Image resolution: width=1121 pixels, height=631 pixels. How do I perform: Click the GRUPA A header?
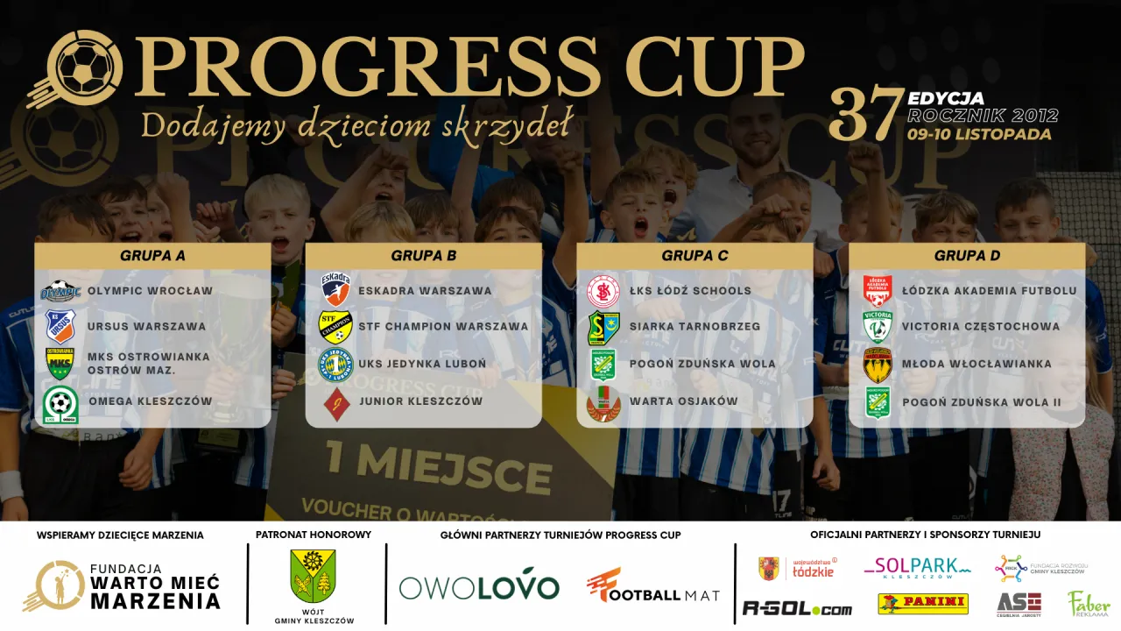pyautogui.click(x=152, y=256)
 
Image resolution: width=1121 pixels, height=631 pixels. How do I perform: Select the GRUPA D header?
pyautogui.click(x=967, y=256)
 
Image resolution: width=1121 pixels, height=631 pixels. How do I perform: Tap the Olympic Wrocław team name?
pyautogui.click(x=150, y=291)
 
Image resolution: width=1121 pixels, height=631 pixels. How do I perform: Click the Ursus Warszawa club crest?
pyautogui.click(x=60, y=326)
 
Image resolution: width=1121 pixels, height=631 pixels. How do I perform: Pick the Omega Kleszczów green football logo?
pyautogui.click(x=60, y=403)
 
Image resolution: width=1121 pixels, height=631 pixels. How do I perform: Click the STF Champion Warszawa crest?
pyautogui.click(x=335, y=326)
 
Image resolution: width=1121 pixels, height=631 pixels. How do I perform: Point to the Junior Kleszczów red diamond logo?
pyautogui.click(x=335, y=403)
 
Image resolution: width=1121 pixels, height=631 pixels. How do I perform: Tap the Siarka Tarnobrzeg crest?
pyautogui.click(x=603, y=328)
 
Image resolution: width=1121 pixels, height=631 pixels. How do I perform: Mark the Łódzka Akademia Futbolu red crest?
pyautogui.click(x=877, y=290)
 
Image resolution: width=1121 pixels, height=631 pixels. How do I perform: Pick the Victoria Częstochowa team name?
pyautogui.click(x=980, y=327)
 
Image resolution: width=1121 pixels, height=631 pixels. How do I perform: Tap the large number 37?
pyautogui.click(x=865, y=116)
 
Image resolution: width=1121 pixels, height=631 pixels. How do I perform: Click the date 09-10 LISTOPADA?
pyautogui.click(x=979, y=135)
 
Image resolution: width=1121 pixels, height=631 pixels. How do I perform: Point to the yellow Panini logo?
pyautogui.click(x=923, y=604)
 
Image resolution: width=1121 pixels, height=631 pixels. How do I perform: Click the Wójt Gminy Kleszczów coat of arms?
pyautogui.click(x=313, y=576)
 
